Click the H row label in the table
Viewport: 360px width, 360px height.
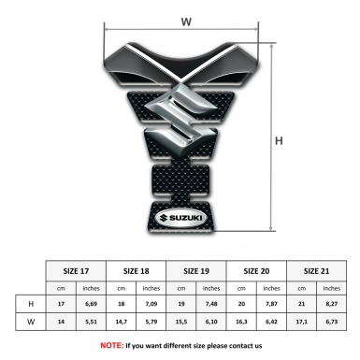click(x=33, y=304)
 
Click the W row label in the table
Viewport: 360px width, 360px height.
click(x=33, y=323)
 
